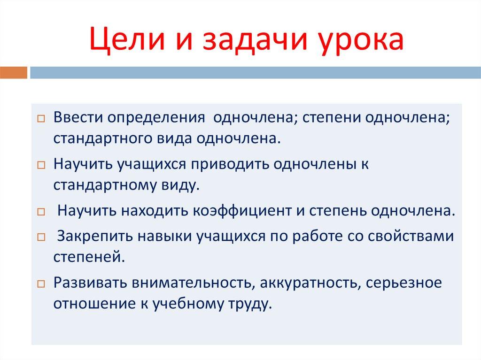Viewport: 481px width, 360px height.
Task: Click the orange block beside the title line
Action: coord(13,72)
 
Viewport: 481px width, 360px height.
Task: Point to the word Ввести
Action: coord(78,118)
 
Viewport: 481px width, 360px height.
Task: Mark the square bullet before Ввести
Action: coord(41,119)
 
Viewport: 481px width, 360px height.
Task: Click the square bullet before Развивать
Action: coord(41,284)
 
